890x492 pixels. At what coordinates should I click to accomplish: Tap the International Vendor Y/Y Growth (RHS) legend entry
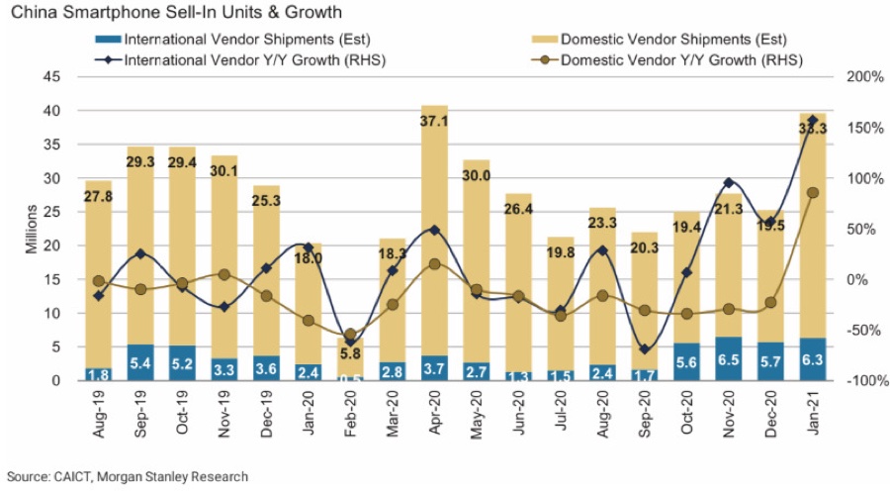tap(243, 59)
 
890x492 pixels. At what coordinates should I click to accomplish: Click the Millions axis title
tap(32, 229)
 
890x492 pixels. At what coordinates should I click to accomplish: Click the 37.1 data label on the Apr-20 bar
tap(435, 121)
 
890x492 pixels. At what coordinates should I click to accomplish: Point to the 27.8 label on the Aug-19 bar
tap(98, 198)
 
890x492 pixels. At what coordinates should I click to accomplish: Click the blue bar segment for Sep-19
tap(140, 362)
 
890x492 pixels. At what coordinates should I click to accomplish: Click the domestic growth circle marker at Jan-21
tap(813, 193)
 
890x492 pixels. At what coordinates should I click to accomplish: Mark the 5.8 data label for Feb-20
tap(351, 352)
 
